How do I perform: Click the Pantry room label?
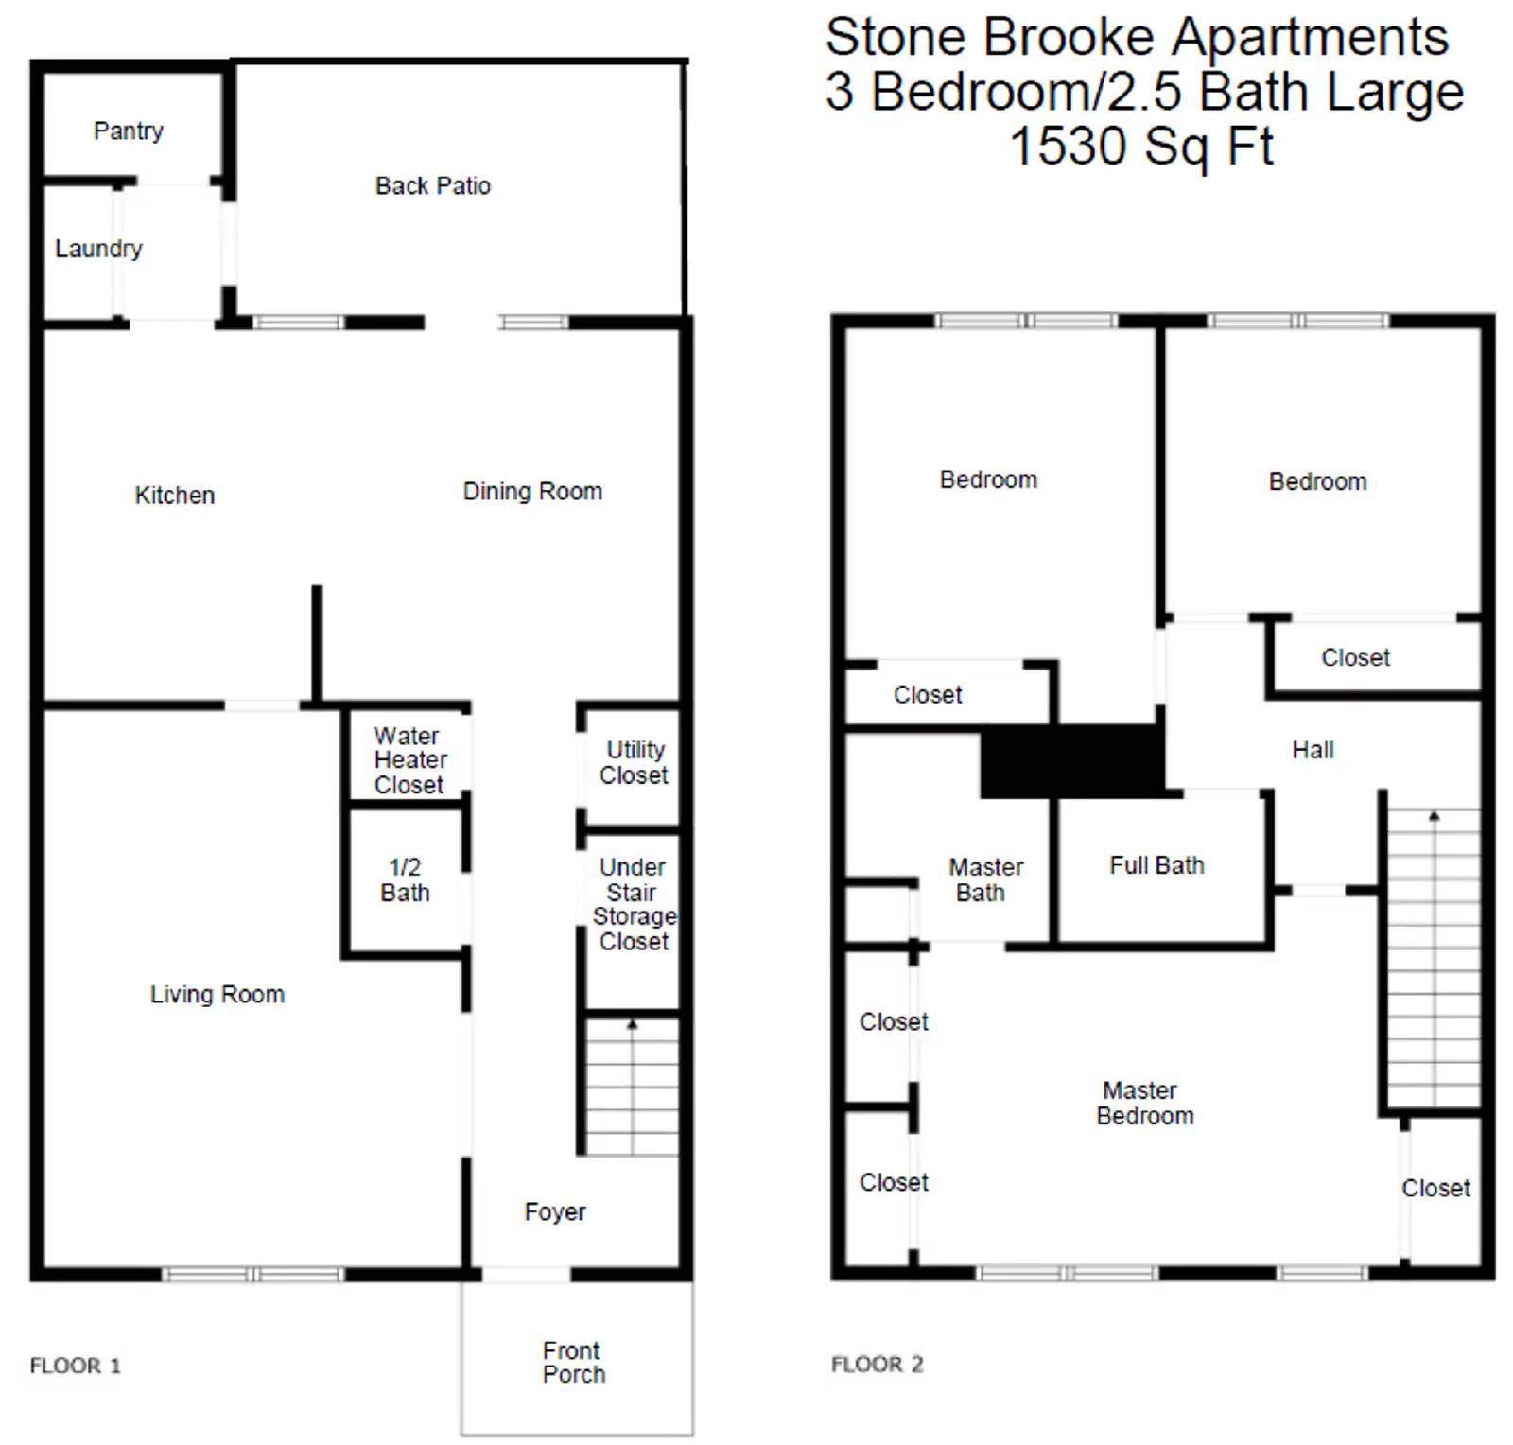pyautogui.click(x=129, y=131)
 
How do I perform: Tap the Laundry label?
pyautogui.click(x=98, y=249)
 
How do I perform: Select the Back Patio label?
pyautogui.click(x=433, y=185)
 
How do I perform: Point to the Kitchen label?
pyautogui.click(x=175, y=495)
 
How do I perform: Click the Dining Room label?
pyautogui.click(x=532, y=491)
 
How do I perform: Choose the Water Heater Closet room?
pyautogui.click(x=409, y=760)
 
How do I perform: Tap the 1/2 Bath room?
pyautogui.click(x=405, y=879)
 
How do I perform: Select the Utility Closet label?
pyautogui.click(x=634, y=762)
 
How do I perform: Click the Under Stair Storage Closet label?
pyautogui.click(x=634, y=904)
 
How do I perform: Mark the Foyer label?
pyautogui.click(x=555, y=1211)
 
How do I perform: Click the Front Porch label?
pyautogui.click(x=573, y=1362)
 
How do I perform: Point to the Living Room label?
pyautogui.click(x=217, y=994)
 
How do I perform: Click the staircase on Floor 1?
pyautogui.click(x=632, y=1086)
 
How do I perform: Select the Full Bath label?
pyautogui.click(x=1156, y=865)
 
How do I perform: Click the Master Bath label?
pyautogui.click(x=984, y=879)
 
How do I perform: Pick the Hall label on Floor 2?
pyautogui.click(x=1313, y=750)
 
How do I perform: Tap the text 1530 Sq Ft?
pyautogui.click(x=1141, y=147)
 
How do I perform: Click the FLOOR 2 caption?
pyautogui.click(x=877, y=1364)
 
